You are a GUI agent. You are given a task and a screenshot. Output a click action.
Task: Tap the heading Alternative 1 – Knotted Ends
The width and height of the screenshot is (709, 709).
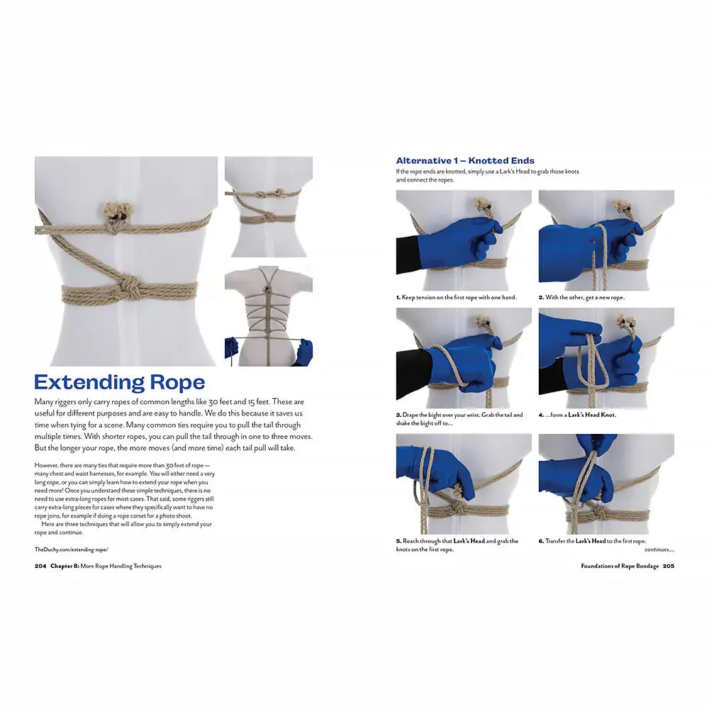465,161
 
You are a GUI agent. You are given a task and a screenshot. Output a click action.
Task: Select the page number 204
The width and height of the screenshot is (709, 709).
40,566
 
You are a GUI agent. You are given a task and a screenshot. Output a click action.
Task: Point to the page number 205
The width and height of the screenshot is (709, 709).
669,566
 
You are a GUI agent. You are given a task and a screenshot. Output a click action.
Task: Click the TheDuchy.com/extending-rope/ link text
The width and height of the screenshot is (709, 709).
71,549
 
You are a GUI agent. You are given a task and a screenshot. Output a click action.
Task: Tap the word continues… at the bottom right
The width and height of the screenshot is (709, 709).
659,549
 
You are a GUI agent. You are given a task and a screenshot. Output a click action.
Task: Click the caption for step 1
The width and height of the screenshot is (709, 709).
456,298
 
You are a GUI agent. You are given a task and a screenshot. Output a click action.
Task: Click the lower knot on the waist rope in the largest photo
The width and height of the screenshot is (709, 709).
130,287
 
